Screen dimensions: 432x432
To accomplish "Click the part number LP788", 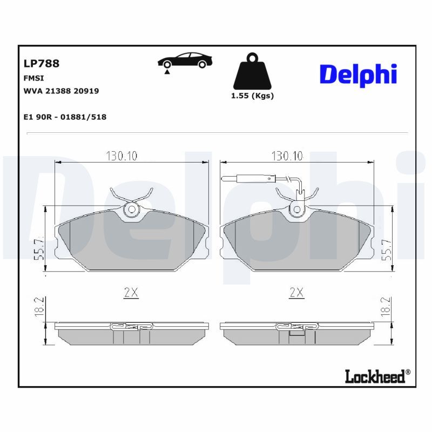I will (42, 63).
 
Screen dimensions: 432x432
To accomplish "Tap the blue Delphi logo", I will (358, 75).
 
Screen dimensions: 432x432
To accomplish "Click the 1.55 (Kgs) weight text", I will (252, 96).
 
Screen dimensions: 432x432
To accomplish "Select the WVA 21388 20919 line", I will (61, 91).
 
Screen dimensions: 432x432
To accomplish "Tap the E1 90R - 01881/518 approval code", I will (65, 117).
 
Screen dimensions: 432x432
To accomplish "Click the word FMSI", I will (34, 78).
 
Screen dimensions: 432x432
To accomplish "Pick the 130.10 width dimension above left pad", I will (122, 156).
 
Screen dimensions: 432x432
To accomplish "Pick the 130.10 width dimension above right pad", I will (287, 156).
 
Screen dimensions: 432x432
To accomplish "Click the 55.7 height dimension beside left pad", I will (38, 250).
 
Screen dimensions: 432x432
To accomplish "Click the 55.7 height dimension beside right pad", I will (387, 250).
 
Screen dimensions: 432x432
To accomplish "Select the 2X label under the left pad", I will (131, 293).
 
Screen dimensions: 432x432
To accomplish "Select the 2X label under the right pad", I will (296, 293).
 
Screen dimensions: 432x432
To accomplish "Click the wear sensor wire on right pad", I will (254, 178).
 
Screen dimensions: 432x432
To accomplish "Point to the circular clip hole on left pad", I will (131, 210).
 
